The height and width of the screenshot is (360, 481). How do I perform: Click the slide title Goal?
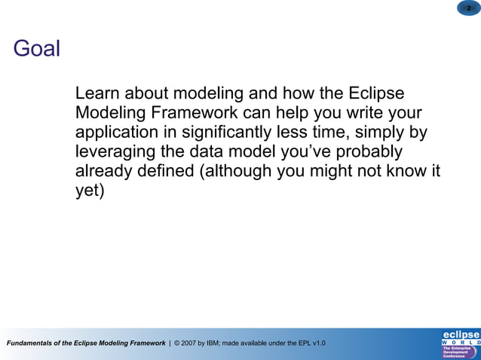pyautogui.click(x=36, y=50)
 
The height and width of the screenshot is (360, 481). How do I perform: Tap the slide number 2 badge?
pyautogui.click(x=467, y=8)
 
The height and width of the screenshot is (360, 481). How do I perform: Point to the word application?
pyautogui.click(x=118, y=133)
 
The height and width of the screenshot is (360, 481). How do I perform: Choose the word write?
pyautogui.click(x=363, y=114)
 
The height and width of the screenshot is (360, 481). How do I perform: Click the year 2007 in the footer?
pyautogui.click(x=192, y=343)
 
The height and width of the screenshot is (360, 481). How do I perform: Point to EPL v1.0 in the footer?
pyautogui.click(x=311, y=343)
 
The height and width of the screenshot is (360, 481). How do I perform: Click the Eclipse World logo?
pyautogui.click(x=460, y=343)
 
